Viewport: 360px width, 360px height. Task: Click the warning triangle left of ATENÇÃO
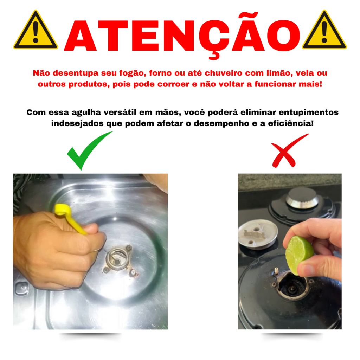(x=36, y=31)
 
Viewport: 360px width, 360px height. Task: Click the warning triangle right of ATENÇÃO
(x=324, y=31)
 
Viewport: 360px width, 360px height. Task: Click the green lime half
(x=299, y=255)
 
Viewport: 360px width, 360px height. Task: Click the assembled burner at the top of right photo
(x=302, y=198)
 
